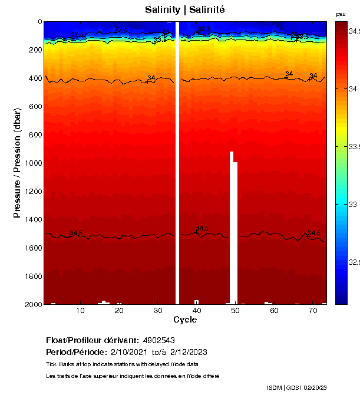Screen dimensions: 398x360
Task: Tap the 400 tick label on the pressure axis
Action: (35, 78)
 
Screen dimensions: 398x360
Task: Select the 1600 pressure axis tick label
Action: (32, 248)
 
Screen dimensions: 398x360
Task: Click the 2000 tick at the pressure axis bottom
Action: (32, 304)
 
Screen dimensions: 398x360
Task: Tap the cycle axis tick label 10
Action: (81, 310)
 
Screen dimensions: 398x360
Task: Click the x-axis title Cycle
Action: (185, 320)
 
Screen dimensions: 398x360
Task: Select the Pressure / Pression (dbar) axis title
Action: (18, 163)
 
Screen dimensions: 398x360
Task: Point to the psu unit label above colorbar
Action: (341, 14)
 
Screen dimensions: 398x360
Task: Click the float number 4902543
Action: (158, 340)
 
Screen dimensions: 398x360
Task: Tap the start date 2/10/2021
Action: (130, 352)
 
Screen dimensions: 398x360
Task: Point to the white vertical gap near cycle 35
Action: (177, 163)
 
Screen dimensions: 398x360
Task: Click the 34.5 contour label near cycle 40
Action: (202, 228)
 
